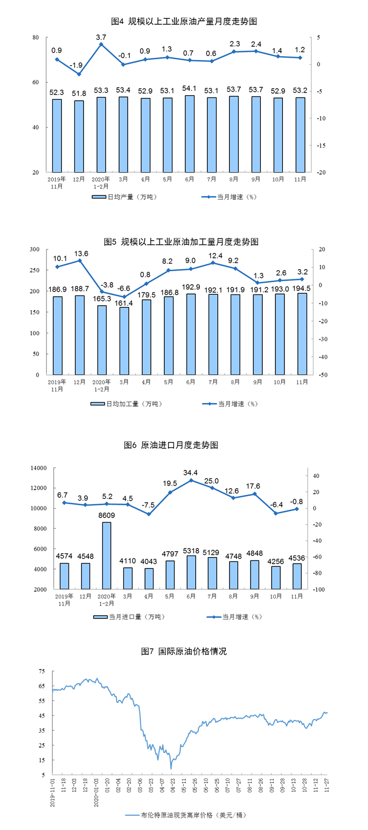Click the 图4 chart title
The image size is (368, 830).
pyautogui.click(x=184, y=22)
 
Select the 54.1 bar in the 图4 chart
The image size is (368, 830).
pyautogui.click(x=190, y=133)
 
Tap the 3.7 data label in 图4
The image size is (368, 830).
pyautogui.click(x=101, y=37)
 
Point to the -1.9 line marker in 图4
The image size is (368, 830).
pyautogui.click(x=79, y=74)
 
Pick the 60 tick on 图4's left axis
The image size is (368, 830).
pyautogui.click(x=35, y=82)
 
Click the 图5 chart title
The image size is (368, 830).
pyautogui.click(x=184, y=242)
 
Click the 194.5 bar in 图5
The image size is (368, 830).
pyautogui.click(x=302, y=334)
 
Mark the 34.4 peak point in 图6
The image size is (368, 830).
pyautogui.click(x=190, y=480)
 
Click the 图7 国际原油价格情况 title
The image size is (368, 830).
pyautogui.click(x=184, y=651)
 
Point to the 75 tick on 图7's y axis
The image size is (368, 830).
pyautogui.click(x=41, y=671)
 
